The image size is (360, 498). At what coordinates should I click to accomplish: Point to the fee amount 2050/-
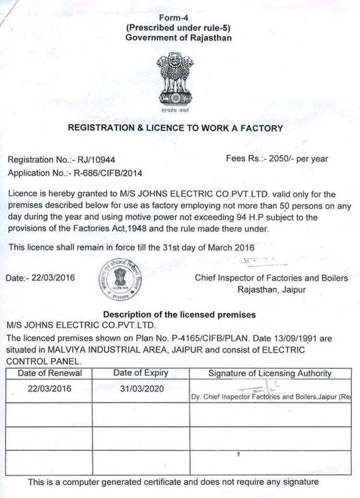pyautogui.click(x=281, y=159)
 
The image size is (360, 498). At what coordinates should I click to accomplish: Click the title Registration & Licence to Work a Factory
pyautogui.click(x=175, y=128)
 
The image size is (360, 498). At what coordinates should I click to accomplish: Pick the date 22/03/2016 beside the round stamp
pyautogui.click(x=55, y=277)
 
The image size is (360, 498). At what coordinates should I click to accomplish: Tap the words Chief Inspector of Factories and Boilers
pyautogui.click(x=271, y=278)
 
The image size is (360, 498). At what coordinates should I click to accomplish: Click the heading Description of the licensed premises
pyautogui.click(x=179, y=314)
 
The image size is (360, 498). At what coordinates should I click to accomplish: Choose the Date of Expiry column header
pyautogui.click(x=141, y=373)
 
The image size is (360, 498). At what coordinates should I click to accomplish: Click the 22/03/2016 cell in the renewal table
pyautogui.click(x=50, y=388)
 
